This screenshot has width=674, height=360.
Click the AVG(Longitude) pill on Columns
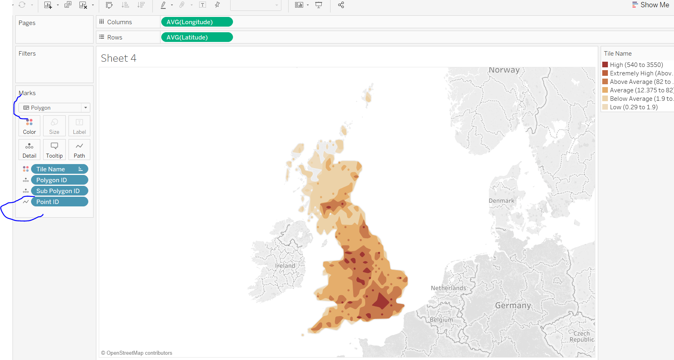(x=197, y=22)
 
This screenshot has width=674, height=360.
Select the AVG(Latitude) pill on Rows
(x=197, y=37)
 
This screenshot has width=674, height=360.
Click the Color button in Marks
(x=29, y=126)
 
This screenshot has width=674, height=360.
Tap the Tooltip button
(x=54, y=150)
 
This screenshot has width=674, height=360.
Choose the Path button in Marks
(x=79, y=150)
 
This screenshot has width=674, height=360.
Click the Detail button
(x=29, y=150)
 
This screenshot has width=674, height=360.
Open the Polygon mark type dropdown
(x=54, y=108)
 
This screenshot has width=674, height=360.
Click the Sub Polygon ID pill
(x=59, y=191)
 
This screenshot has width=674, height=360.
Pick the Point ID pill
(x=59, y=202)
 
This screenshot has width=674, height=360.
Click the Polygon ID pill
(x=59, y=180)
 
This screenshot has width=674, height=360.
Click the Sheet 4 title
(x=119, y=58)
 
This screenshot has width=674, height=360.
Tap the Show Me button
(x=651, y=5)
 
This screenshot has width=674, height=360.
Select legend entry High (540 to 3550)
(x=636, y=65)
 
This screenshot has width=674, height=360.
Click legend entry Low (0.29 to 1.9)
(x=633, y=107)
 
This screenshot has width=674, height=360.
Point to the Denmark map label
(x=501, y=201)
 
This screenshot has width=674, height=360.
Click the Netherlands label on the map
(x=448, y=288)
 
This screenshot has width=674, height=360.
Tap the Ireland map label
(x=285, y=266)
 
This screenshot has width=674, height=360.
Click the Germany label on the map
(x=513, y=305)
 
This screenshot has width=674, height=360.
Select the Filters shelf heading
(x=27, y=53)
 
